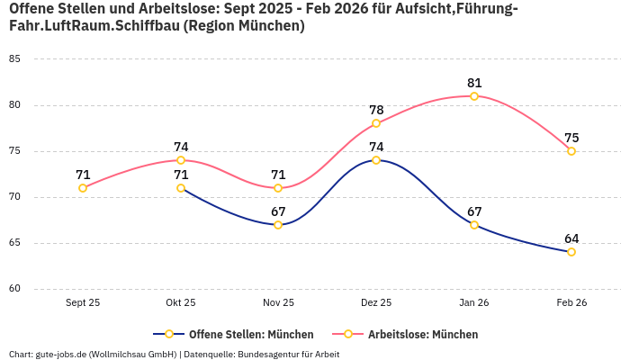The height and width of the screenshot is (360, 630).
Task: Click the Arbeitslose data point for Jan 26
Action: point(474,96)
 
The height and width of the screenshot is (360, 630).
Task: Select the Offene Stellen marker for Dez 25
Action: point(376,160)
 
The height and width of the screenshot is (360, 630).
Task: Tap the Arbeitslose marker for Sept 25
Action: point(83,188)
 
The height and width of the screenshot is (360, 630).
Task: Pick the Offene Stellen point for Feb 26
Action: point(571,252)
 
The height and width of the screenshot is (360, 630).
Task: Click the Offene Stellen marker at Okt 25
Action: point(181,188)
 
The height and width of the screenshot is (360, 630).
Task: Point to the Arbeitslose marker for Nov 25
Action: point(278,188)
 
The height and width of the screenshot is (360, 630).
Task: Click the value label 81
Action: point(474,83)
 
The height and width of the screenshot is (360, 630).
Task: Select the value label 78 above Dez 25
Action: point(376,110)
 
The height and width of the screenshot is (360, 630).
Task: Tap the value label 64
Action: point(571,238)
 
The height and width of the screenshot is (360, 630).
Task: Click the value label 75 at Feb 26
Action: point(571,138)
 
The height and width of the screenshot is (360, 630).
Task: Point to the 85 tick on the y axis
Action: point(14,58)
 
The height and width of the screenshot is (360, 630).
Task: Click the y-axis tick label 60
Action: point(14,289)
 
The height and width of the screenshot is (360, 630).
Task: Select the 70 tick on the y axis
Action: point(14,197)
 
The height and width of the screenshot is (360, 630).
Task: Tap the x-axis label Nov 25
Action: point(278,303)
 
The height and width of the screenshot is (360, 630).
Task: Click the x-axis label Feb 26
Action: point(571,303)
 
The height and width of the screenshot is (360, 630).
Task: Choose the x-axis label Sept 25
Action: point(83,303)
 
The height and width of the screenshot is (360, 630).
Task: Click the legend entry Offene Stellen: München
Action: point(234,334)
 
